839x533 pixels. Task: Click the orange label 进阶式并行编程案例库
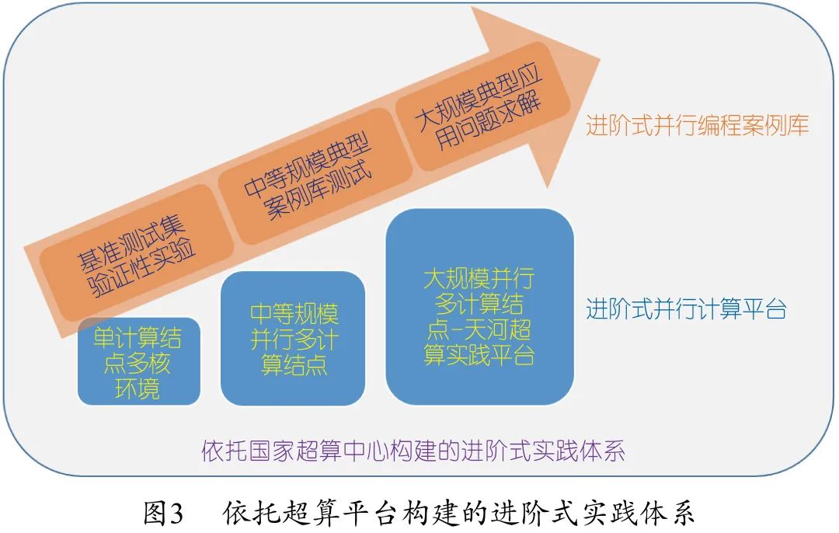(698, 126)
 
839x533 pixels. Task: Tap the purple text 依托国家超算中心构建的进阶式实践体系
(413, 451)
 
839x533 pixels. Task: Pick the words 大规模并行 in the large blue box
(479, 279)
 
